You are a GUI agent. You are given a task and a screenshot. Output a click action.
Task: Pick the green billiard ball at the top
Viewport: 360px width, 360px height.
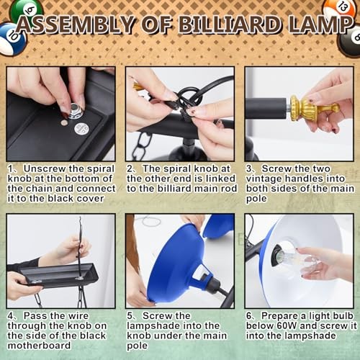26,11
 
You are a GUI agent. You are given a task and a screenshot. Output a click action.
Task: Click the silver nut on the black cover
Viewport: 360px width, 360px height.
76,111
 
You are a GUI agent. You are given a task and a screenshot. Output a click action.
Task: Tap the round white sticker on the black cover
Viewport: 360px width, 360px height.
81,129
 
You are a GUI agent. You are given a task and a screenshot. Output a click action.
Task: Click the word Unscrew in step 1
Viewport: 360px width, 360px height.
44,168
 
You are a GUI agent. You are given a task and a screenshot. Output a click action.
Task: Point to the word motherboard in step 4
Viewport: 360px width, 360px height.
39,346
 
